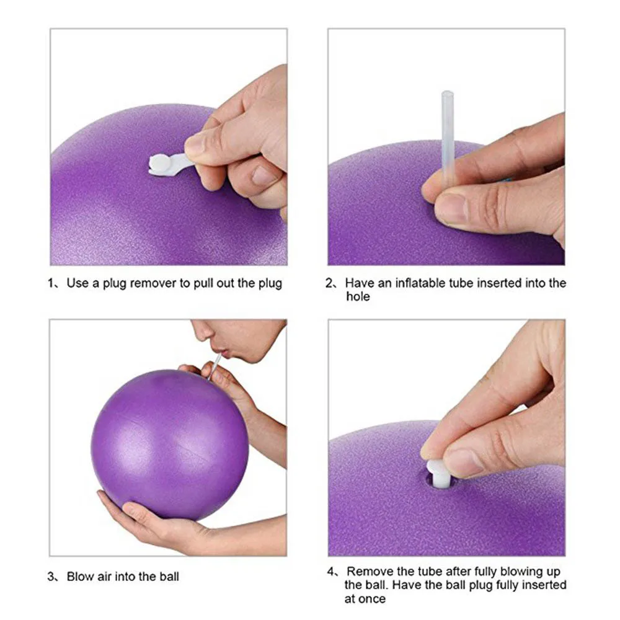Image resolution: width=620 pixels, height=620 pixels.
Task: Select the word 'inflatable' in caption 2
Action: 412,283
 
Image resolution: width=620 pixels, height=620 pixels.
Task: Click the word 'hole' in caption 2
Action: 358,297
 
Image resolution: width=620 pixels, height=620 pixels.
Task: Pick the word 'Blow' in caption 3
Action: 81,577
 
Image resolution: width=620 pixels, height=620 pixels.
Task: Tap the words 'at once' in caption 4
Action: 365,599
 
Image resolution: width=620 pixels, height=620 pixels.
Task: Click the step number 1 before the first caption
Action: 51,284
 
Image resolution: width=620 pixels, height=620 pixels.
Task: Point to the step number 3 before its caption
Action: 51,577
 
